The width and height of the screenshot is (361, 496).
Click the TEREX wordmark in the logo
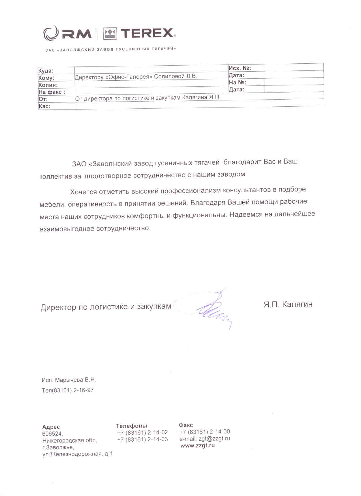click(x=147, y=33)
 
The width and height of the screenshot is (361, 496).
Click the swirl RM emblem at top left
click(x=51, y=33)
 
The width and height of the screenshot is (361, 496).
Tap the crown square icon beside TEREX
click(x=110, y=34)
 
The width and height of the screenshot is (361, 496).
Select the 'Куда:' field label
click(x=46, y=71)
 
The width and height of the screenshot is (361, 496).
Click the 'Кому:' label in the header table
click(x=46, y=78)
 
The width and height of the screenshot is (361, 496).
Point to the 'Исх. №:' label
click(x=240, y=68)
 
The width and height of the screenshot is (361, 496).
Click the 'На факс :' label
click(x=52, y=92)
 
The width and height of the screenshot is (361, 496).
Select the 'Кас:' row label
click(x=44, y=106)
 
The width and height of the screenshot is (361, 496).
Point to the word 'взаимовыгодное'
click(x=67, y=229)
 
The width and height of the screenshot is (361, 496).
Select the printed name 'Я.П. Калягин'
click(x=288, y=304)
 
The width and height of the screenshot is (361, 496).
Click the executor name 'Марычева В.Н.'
click(x=75, y=380)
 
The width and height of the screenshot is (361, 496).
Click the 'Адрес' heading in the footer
click(x=51, y=427)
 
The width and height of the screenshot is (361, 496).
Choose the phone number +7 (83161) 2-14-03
click(x=142, y=439)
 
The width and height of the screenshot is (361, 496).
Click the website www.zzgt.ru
click(x=198, y=445)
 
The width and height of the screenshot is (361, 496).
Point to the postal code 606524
click(x=52, y=433)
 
